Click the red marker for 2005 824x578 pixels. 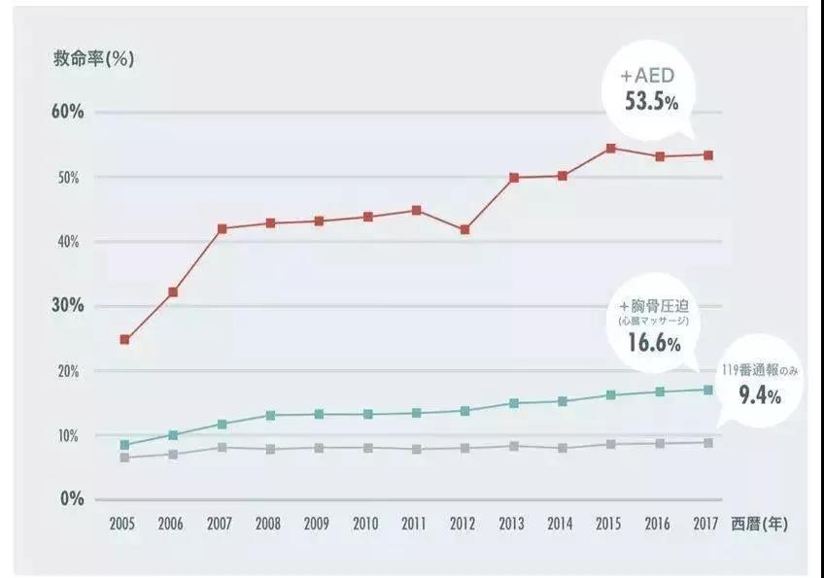124,340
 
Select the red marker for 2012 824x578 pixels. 465,230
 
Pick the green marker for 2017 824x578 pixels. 708,390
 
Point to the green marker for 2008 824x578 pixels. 270,416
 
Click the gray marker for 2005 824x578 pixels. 124,458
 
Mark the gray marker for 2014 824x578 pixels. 563,448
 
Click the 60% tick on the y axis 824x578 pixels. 68,112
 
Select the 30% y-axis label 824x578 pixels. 68,306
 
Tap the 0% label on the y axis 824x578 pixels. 73,499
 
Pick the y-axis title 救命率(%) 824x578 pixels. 94,57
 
